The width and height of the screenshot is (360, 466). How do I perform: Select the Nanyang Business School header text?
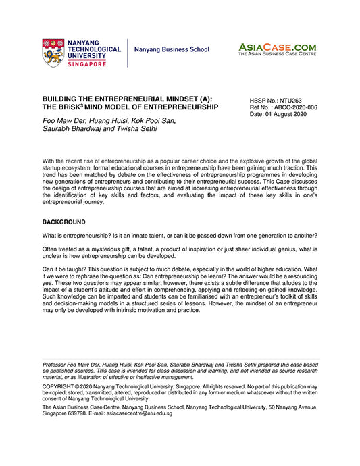[x=172, y=50]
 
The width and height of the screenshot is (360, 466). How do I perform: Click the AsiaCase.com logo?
[x=277, y=47]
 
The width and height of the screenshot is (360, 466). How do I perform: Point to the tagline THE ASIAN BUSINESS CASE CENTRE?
[x=277, y=54]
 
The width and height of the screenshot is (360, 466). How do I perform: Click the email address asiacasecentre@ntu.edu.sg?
[x=138, y=413]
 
